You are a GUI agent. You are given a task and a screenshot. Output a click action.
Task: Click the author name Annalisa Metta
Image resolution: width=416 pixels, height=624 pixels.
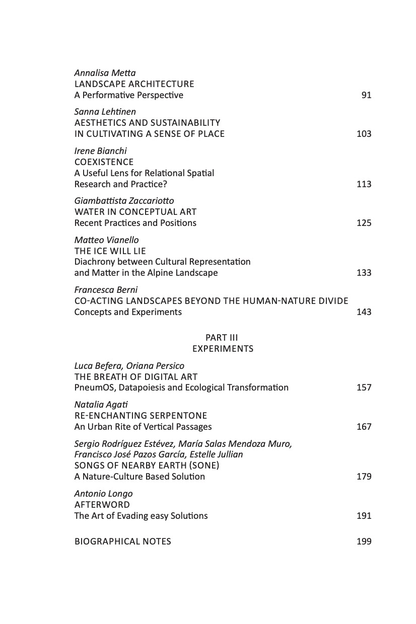(105, 73)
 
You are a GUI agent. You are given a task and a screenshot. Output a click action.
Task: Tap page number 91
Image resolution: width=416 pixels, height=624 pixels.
(366, 95)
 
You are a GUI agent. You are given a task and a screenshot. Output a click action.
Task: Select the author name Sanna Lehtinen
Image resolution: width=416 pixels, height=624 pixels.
(105, 112)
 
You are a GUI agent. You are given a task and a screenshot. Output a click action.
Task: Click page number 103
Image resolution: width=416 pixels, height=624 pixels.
(364, 134)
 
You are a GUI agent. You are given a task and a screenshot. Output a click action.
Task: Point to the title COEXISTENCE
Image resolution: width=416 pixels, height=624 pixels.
(104, 162)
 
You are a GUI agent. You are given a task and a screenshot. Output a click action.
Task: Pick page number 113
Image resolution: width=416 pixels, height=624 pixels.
(364, 184)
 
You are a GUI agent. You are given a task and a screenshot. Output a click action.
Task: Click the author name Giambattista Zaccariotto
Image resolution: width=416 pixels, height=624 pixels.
(124, 201)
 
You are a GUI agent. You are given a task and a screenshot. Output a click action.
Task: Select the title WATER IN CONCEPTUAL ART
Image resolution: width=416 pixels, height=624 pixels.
(135, 212)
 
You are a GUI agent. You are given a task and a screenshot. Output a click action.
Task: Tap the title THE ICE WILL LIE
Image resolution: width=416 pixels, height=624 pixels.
(110, 251)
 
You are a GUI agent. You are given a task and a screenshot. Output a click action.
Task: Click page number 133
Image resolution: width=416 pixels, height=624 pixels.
(364, 273)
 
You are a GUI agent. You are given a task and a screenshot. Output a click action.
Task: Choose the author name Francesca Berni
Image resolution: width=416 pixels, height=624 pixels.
(106, 290)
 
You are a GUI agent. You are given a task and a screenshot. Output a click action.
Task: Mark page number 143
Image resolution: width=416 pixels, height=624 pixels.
(364, 312)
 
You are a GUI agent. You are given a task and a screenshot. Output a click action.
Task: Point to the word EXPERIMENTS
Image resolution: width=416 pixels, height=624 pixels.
(223, 349)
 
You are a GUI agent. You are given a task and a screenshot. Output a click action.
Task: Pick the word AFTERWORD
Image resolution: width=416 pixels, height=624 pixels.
(102, 505)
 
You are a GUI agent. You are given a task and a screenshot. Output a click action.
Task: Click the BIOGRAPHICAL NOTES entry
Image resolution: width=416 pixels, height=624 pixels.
(122, 541)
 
